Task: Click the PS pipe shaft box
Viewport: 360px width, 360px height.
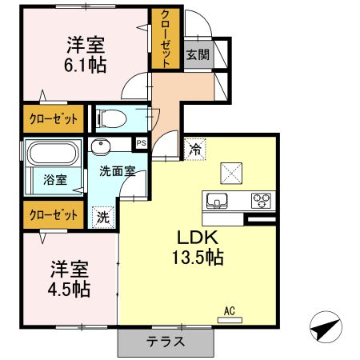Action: point(142,144)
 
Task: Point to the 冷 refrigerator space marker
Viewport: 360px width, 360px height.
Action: point(194,147)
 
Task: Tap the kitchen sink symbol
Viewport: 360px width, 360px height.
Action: point(218,200)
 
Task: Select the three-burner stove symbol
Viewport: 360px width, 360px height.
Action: point(262,200)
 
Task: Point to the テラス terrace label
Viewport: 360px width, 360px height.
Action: point(166,341)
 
